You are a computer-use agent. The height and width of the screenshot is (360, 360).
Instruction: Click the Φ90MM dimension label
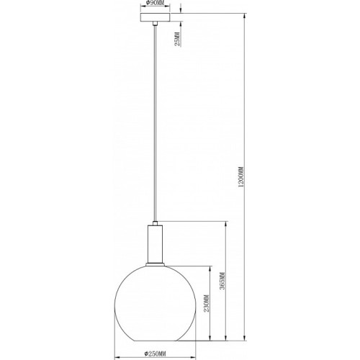pos(155,3)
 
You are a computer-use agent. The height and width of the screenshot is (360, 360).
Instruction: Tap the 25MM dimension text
pos(177,39)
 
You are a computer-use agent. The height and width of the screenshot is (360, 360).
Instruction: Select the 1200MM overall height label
pos(241,177)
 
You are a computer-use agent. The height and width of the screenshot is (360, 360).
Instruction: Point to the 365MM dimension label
pos(222,281)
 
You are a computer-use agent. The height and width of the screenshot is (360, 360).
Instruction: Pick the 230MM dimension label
pos(207,303)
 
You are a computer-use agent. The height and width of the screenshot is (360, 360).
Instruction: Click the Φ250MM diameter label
pos(156,354)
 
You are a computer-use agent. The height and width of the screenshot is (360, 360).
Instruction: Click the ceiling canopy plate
pos(156,17)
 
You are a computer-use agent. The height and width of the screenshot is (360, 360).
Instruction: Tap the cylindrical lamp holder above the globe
pos(156,244)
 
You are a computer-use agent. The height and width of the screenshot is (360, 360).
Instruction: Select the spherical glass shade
pos(156,303)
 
